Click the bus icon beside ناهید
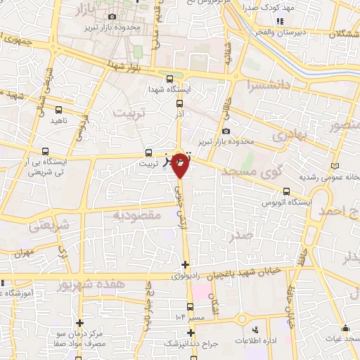(59, 110)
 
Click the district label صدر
(243, 237)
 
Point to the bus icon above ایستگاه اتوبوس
(286, 191)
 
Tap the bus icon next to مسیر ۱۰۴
(190, 307)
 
